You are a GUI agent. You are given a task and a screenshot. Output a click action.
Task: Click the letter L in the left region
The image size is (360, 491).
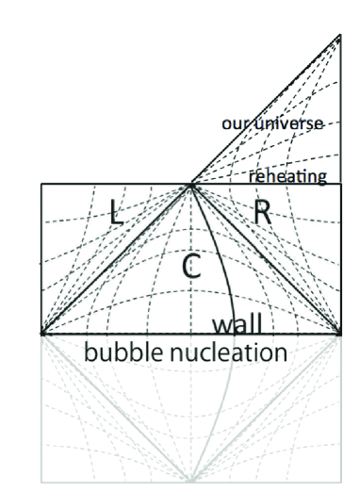pyautogui.click(x=116, y=211)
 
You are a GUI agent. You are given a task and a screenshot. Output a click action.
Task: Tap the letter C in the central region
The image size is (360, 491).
pyautogui.click(x=189, y=267)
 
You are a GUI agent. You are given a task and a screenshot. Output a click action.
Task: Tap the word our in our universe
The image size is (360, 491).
pyautogui.click(x=236, y=123)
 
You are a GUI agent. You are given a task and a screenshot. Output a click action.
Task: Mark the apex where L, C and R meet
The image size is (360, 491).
pyautogui.click(x=191, y=185)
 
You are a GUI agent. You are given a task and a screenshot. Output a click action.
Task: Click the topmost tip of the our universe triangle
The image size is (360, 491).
pyautogui.click(x=339, y=36)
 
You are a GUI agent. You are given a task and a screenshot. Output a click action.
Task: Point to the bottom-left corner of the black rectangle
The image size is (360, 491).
pyautogui.click(x=41, y=334)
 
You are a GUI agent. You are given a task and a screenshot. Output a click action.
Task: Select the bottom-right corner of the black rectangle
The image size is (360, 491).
pyautogui.click(x=339, y=334)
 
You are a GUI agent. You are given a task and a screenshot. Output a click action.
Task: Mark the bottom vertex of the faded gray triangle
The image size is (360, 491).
pyautogui.click(x=191, y=482)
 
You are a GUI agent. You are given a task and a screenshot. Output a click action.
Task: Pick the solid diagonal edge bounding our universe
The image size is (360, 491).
pyautogui.click(x=264, y=111)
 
